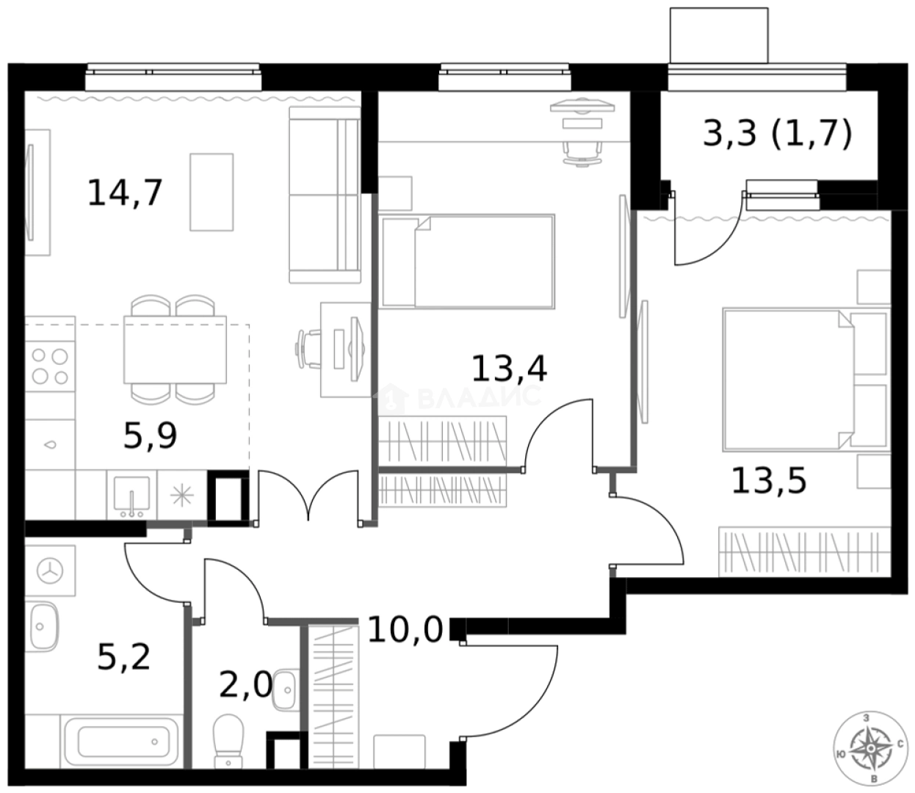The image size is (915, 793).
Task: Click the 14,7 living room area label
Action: click(x=126, y=192)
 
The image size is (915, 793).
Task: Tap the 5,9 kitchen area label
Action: click(x=150, y=435)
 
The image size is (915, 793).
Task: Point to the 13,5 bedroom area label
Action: click(x=769, y=481)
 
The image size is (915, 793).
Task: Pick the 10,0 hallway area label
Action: click(x=405, y=630)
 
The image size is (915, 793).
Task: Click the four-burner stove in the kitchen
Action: click(x=50, y=366)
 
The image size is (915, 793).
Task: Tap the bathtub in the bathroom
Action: click(x=123, y=742)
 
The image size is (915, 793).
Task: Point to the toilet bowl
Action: click(x=228, y=741)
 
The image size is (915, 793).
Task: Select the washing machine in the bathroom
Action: click(x=50, y=571)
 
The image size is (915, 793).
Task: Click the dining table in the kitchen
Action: click(x=175, y=350)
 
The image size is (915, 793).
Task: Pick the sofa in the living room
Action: click(x=325, y=195)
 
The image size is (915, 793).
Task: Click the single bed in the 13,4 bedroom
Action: click(x=469, y=261)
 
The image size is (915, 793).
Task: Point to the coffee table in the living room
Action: click(x=211, y=192)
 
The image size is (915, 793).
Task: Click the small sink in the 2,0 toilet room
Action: click(x=286, y=690)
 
